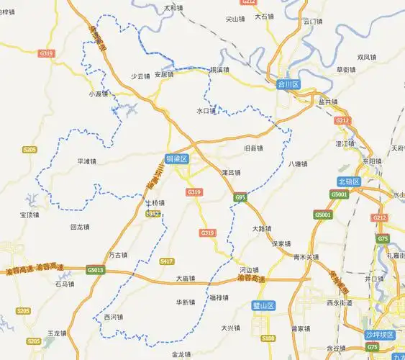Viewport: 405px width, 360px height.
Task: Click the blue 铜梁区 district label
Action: (x=176, y=158)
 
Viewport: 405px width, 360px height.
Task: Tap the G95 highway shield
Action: (x=240, y=197)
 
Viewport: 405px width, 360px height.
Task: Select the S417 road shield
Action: (x=167, y=261)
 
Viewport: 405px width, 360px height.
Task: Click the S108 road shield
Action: (x=268, y=338)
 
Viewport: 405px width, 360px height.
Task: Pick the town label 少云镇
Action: (x=140, y=76)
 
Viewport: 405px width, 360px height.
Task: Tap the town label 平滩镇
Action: (x=87, y=161)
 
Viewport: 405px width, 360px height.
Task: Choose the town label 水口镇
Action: (x=206, y=111)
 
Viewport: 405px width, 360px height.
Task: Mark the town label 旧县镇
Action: (x=253, y=148)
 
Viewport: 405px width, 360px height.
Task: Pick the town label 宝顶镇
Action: (x=31, y=215)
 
